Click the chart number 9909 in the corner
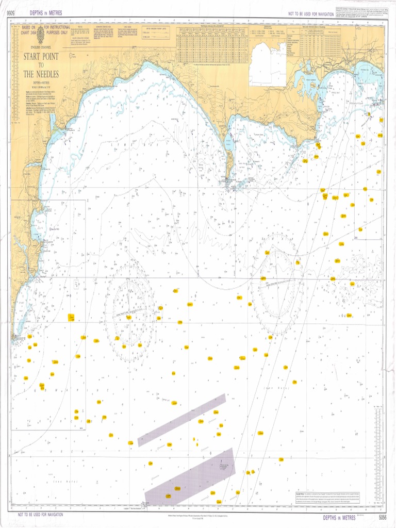(x=7, y=12)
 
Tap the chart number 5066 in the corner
(x=382, y=517)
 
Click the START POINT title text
(x=40, y=56)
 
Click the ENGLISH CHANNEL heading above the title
(x=40, y=47)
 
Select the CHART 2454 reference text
(x=29, y=32)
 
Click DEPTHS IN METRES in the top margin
(x=46, y=12)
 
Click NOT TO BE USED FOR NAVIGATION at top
(x=311, y=12)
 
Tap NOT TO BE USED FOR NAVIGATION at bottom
(x=40, y=515)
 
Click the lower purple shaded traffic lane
(x=190, y=477)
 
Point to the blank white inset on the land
(x=268, y=64)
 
